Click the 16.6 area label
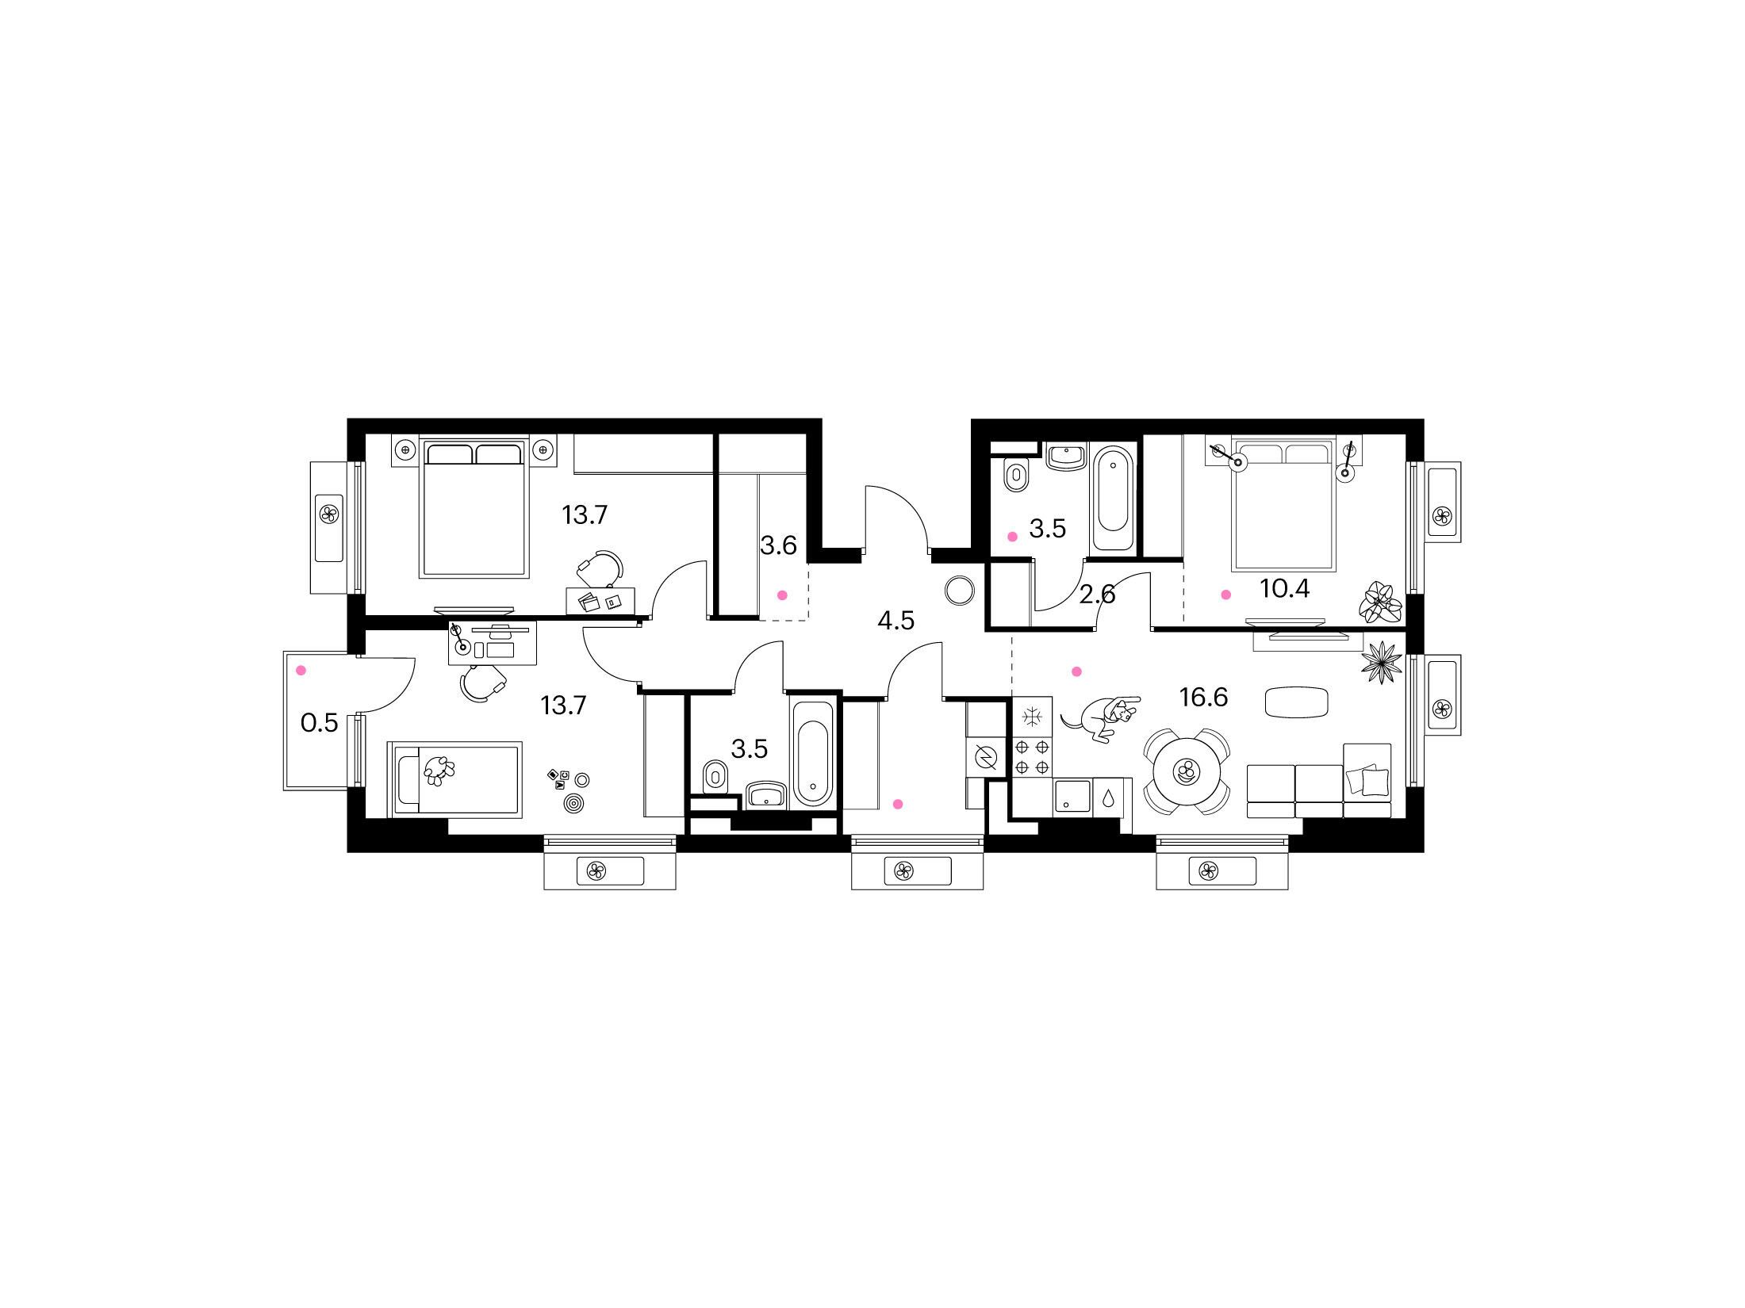coord(1203,698)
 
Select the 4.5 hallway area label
coord(896,621)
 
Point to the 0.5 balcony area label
coord(320,723)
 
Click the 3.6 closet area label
coord(778,545)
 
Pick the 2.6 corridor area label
coord(1098,594)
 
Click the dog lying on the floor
coord(1101,718)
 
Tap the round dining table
coord(1187,773)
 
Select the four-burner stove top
coord(1032,756)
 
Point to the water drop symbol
coord(1108,796)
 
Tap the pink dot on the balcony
coord(301,671)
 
